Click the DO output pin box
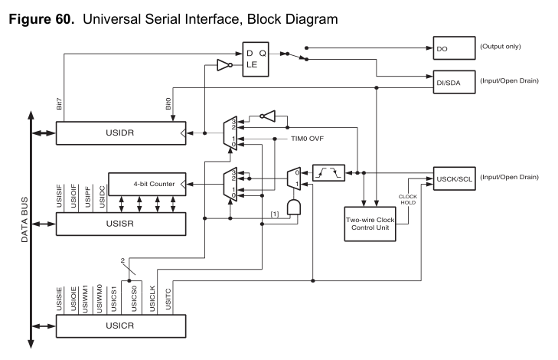point(452,47)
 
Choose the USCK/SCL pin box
point(452,177)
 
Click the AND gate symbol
point(292,208)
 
